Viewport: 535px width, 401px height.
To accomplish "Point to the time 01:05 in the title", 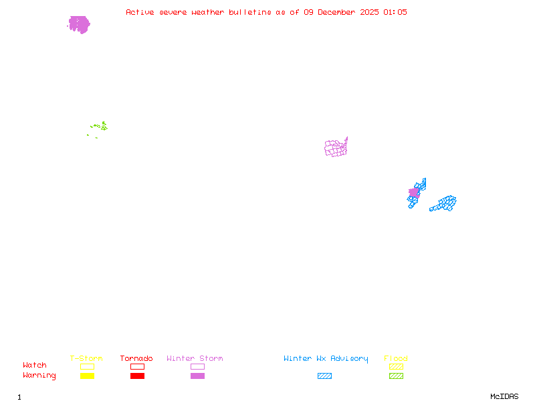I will pyautogui.click(x=395, y=12).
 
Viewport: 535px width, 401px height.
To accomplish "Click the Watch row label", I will pyautogui.click(x=35, y=366).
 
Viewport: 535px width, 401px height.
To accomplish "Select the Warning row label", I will pyautogui.click(x=39, y=376).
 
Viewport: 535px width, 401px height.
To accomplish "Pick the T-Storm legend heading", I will pyautogui.click(x=86, y=358).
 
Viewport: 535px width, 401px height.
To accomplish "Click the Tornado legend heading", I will pyautogui.click(x=136, y=358).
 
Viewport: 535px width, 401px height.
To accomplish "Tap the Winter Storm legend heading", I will pyautogui.click(x=195, y=358).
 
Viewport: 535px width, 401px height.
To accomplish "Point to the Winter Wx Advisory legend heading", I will pyautogui.click(x=326, y=358).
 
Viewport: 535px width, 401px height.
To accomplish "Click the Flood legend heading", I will pyautogui.click(x=396, y=358).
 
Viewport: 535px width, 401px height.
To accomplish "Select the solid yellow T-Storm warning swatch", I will pyautogui.click(x=87, y=376).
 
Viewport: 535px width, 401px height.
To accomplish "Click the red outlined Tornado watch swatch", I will pyautogui.click(x=137, y=366).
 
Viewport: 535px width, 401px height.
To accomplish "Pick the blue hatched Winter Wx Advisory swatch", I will pyautogui.click(x=324, y=376).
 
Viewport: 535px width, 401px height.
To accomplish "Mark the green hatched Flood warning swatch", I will pyautogui.click(x=396, y=376).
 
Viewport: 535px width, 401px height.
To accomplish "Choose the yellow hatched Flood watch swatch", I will pyautogui.click(x=396, y=366).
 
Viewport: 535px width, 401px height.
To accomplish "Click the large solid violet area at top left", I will pyautogui.click(x=79, y=24).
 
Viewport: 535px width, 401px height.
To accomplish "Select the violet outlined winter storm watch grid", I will pyautogui.click(x=336, y=148).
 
